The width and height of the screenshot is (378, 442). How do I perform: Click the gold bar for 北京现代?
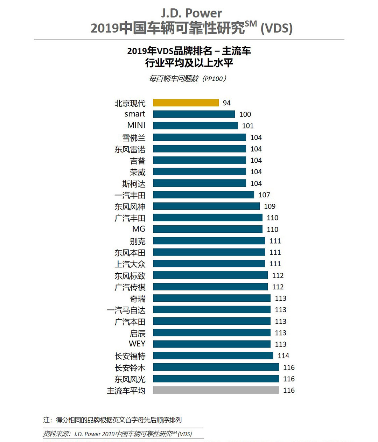[186, 103]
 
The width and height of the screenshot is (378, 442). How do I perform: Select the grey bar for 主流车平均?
[216, 390]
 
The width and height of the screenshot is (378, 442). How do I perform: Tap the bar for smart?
[194, 114]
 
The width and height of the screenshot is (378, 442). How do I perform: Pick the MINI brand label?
[136, 125]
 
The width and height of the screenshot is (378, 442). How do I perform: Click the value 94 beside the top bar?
[227, 103]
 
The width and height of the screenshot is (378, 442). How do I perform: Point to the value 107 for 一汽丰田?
[264, 195]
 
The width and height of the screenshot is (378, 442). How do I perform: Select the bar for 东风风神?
[206, 206]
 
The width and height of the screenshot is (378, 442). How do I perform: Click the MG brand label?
[139, 229]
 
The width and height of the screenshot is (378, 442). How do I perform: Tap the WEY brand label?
[137, 344]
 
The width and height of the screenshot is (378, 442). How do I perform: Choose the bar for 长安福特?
[213, 356]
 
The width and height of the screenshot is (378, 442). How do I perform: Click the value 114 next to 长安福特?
[283, 356]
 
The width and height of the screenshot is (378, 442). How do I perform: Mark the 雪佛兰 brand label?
[134, 138]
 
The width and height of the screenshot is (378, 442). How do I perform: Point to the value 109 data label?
[270, 206]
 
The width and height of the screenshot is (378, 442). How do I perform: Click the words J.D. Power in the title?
[191, 13]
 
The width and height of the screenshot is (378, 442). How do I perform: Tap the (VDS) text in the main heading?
[276, 28]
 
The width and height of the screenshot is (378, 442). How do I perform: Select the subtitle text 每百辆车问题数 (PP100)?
[188, 78]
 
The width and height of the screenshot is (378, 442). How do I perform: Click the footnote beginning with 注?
[112, 420]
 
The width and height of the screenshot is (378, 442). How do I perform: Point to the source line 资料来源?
[118, 434]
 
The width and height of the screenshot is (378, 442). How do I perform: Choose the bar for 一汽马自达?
[211, 310]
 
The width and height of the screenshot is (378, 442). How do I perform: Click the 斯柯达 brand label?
[134, 184]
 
